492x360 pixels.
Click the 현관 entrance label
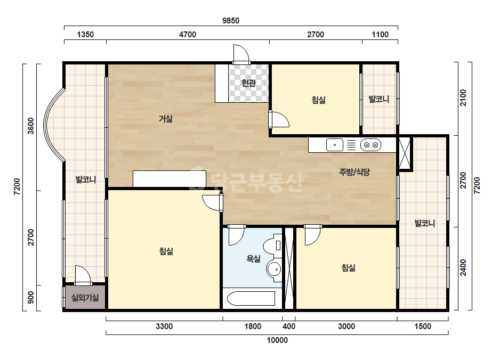(248, 83)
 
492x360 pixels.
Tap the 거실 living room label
(166, 119)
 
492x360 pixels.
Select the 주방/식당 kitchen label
(354, 172)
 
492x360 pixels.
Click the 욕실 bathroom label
(253, 259)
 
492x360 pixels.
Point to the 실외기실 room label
(85, 297)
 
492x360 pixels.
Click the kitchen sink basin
(334, 145)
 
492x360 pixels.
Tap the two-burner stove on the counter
(370, 145)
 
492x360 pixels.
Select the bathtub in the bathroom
(251, 299)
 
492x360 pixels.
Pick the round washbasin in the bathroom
(273, 269)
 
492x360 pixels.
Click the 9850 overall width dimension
(231, 21)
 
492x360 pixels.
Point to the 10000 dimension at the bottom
(277, 340)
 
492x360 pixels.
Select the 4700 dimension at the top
(188, 35)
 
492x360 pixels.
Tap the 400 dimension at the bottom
(289, 326)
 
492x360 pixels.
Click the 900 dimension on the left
(31, 298)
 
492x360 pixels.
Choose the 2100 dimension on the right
(463, 98)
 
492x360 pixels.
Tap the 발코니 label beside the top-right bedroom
(378, 100)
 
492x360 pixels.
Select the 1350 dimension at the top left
(85, 35)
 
